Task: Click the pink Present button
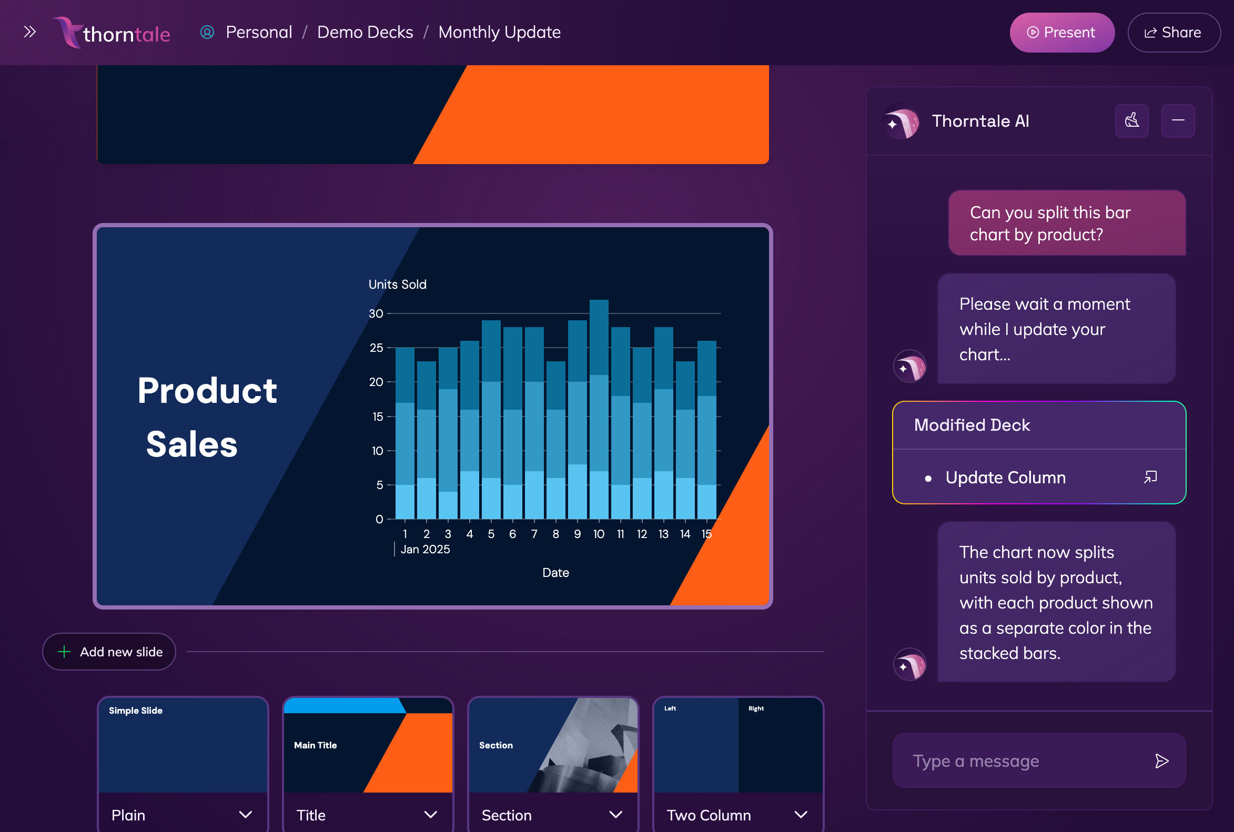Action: tap(1061, 33)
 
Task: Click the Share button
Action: tap(1174, 33)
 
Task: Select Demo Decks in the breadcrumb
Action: tap(365, 33)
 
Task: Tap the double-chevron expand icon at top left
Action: tap(30, 32)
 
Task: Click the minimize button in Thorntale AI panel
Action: tap(1177, 120)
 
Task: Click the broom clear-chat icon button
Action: tap(1131, 120)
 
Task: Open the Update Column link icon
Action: tap(1150, 477)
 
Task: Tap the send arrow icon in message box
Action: tap(1161, 760)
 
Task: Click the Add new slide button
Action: tap(109, 651)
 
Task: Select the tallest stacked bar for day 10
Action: tap(599, 409)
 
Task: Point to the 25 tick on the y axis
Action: tap(376, 348)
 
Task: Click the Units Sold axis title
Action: tap(397, 285)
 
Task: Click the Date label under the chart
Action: tap(555, 573)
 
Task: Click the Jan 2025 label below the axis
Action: tap(424, 549)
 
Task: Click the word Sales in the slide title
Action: tap(191, 444)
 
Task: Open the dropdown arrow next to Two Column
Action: tap(801, 814)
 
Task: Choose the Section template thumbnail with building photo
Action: tap(552, 745)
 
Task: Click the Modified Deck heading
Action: tap(972, 425)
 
